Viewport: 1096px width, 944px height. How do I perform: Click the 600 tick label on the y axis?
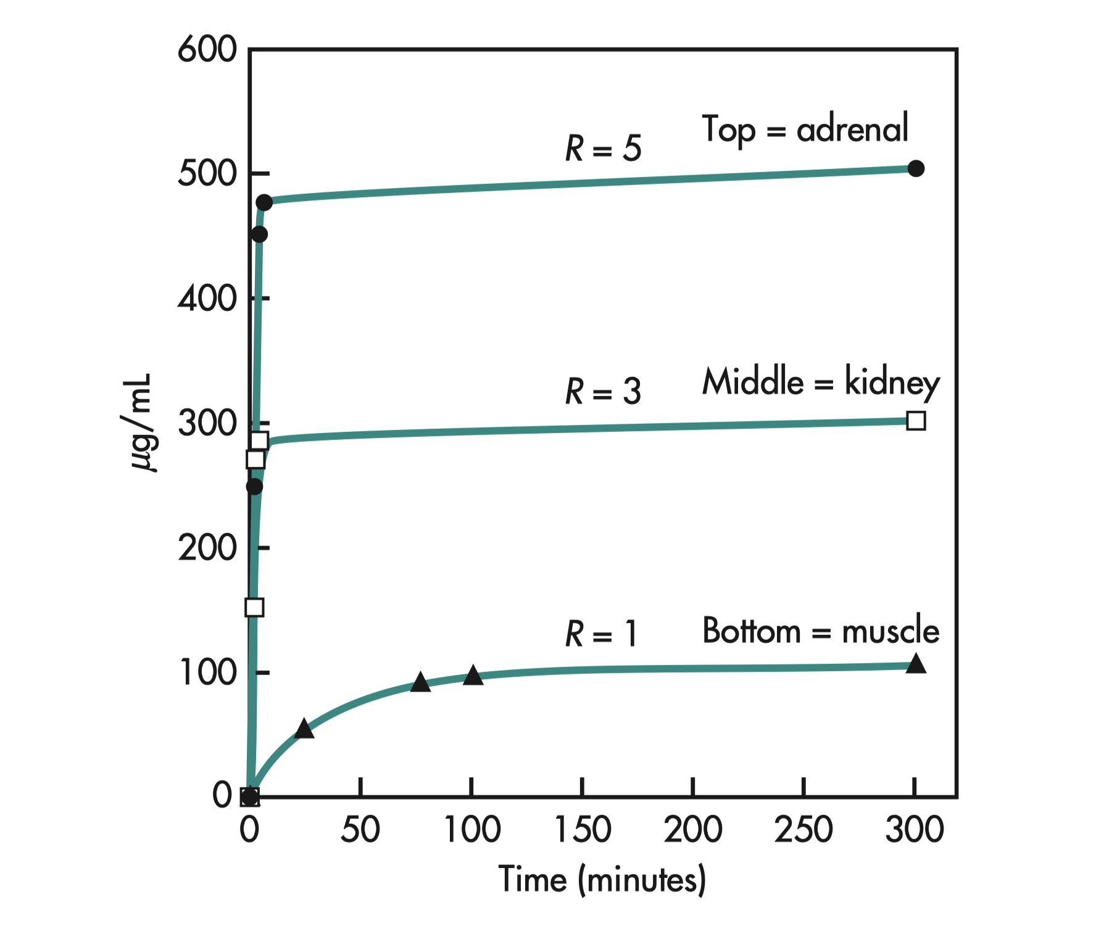pos(207,49)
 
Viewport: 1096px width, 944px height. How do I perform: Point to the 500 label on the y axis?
pos(207,174)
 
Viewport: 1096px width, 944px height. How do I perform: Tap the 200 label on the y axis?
pos(207,548)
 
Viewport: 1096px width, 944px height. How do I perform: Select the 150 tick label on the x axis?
pos(582,830)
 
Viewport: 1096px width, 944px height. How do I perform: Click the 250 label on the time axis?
pos(803,830)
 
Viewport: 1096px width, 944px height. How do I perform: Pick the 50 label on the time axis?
pos(360,830)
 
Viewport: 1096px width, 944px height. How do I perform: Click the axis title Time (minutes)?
pos(602,879)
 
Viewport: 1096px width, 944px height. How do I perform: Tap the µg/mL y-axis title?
pos(141,422)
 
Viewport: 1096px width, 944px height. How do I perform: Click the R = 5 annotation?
pos(603,149)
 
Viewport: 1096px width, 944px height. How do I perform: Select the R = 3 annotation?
pos(603,392)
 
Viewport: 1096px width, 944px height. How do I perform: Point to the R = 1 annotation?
pos(600,634)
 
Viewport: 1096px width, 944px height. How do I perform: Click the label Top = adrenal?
pos(805,130)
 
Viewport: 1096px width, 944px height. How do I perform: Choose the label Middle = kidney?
pos(821,382)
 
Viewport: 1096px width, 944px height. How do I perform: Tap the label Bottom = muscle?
pos(821,631)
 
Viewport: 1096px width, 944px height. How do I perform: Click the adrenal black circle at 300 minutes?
pos(916,168)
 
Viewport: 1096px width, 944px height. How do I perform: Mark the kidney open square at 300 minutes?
pos(916,421)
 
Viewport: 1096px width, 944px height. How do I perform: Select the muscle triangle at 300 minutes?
pos(916,665)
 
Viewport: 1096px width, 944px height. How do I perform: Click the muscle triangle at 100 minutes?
pos(473,676)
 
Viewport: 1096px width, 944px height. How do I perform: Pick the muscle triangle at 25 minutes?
pos(304,729)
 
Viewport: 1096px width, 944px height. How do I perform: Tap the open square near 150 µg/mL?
pos(254,607)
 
